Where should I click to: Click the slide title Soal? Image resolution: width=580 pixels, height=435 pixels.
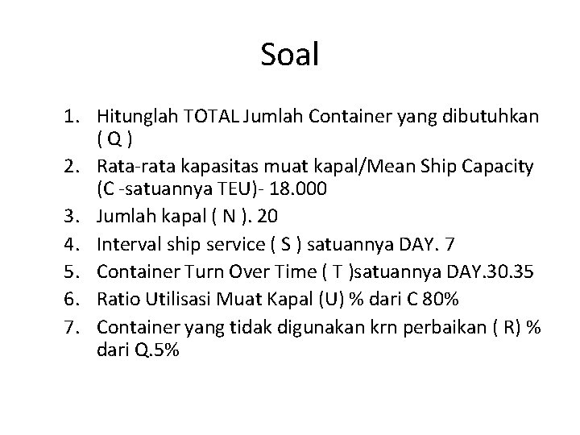tap(290, 55)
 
